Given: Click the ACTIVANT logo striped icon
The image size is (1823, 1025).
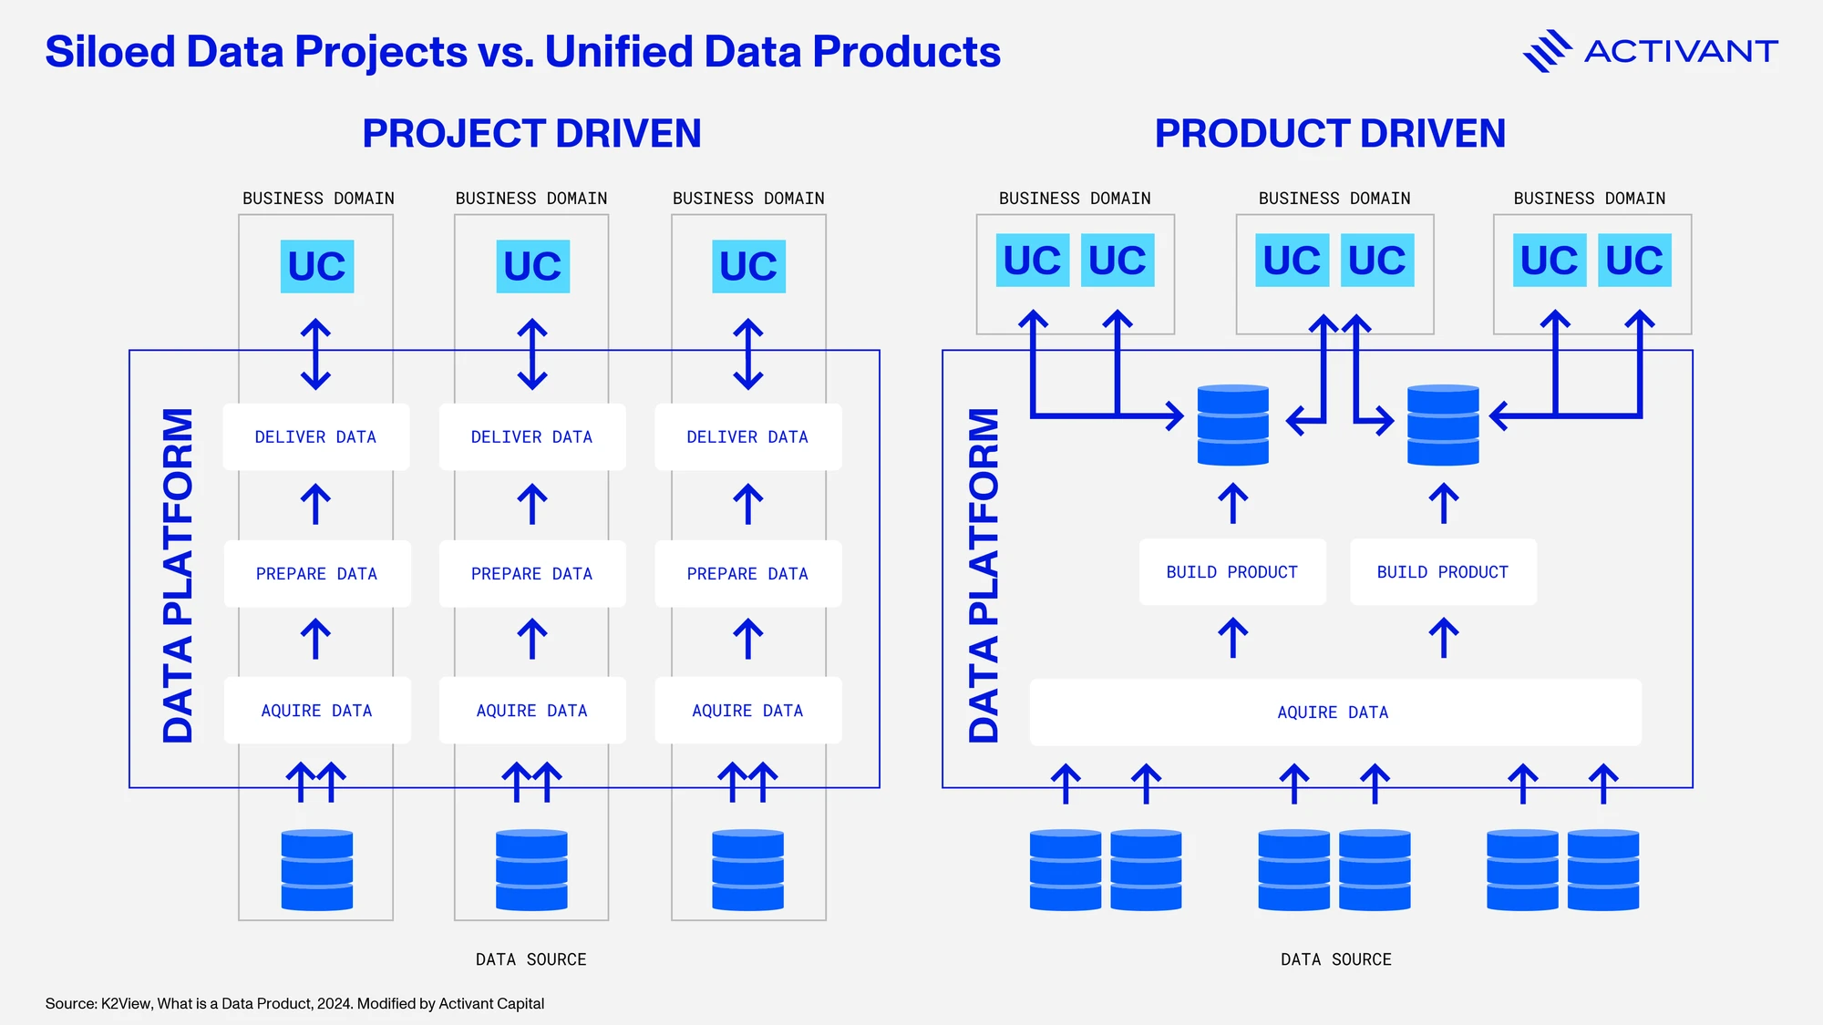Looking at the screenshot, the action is (x=1547, y=51).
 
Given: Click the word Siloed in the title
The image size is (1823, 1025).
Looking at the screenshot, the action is (x=109, y=52).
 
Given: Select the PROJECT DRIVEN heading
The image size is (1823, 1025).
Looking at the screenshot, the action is (x=531, y=134).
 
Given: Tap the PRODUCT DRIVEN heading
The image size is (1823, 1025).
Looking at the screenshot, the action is (x=1330, y=134).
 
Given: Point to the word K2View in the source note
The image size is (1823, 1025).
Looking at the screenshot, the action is (x=127, y=1003).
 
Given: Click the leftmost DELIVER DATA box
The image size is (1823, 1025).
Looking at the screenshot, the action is (x=316, y=437).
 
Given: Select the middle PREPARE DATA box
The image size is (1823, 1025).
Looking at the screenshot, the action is (x=532, y=574).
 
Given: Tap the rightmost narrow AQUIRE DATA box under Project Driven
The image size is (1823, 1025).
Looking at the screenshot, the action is (x=748, y=711).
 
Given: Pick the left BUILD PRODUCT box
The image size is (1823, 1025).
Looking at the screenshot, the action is (x=1232, y=572).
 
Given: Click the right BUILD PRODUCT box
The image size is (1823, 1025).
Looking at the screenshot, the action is (x=1443, y=572).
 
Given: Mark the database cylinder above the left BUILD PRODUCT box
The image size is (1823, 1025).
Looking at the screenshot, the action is (x=1233, y=425).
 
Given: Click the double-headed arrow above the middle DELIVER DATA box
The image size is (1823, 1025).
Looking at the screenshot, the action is (x=532, y=354).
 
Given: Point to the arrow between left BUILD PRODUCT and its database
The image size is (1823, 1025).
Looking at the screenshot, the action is (x=1233, y=504).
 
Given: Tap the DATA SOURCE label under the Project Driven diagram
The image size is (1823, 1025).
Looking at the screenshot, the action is (x=531, y=959).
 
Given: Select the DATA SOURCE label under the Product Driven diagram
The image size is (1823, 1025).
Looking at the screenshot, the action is (x=1336, y=959).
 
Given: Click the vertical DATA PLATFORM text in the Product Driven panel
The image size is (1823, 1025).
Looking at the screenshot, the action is (x=984, y=575).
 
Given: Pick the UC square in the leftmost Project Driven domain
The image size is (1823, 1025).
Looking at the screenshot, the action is (x=317, y=266).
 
